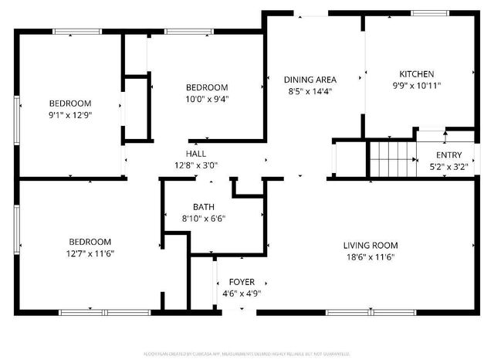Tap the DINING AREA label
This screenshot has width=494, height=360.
pyautogui.click(x=309, y=80)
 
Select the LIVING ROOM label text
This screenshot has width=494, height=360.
pyautogui.click(x=370, y=246)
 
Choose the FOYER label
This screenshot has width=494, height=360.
pyautogui.click(x=241, y=283)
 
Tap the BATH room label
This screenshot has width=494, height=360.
pyautogui.click(x=204, y=207)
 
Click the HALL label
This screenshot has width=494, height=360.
pyautogui.click(x=196, y=153)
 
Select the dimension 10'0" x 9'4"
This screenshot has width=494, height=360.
pyautogui.click(x=207, y=98)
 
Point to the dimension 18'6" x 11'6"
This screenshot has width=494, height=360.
pyautogui.click(x=370, y=257)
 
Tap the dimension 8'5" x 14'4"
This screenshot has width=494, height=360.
pyautogui.click(x=309, y=91)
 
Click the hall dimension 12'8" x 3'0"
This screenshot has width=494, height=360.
pyautogui.click(x=196, y=165)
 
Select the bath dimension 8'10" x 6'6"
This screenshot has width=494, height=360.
pyautogui.click(x=204, y=219)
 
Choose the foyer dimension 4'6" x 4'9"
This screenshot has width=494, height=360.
pyautogui.click(x=241, y=294)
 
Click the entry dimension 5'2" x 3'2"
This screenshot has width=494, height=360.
pyautogui.click(x=448, y=166)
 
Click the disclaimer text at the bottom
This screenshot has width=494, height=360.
pyautogui.click(x=247, y=353)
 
